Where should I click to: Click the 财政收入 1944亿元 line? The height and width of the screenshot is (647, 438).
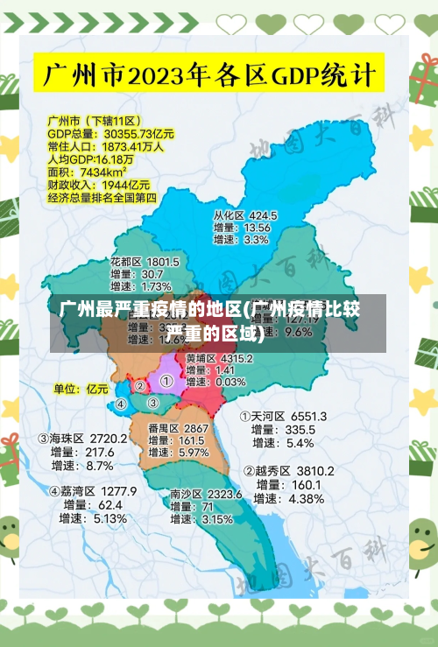pos(98,186)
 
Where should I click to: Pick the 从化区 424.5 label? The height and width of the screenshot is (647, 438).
pos(245,214)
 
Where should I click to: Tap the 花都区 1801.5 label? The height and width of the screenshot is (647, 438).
pos(145,262)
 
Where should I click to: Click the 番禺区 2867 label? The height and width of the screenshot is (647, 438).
pos(178,428)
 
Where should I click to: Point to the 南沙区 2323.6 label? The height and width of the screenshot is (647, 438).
pos(206,494)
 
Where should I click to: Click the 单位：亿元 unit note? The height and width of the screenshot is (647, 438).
pos(81,388)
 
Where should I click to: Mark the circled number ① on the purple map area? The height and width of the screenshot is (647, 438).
pos(166,381)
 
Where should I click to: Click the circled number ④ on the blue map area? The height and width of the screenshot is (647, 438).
pos(121,404)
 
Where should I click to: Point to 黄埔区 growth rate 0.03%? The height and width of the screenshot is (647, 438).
pos(230,382)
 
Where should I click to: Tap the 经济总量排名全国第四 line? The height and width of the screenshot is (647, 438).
pos(102,198)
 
